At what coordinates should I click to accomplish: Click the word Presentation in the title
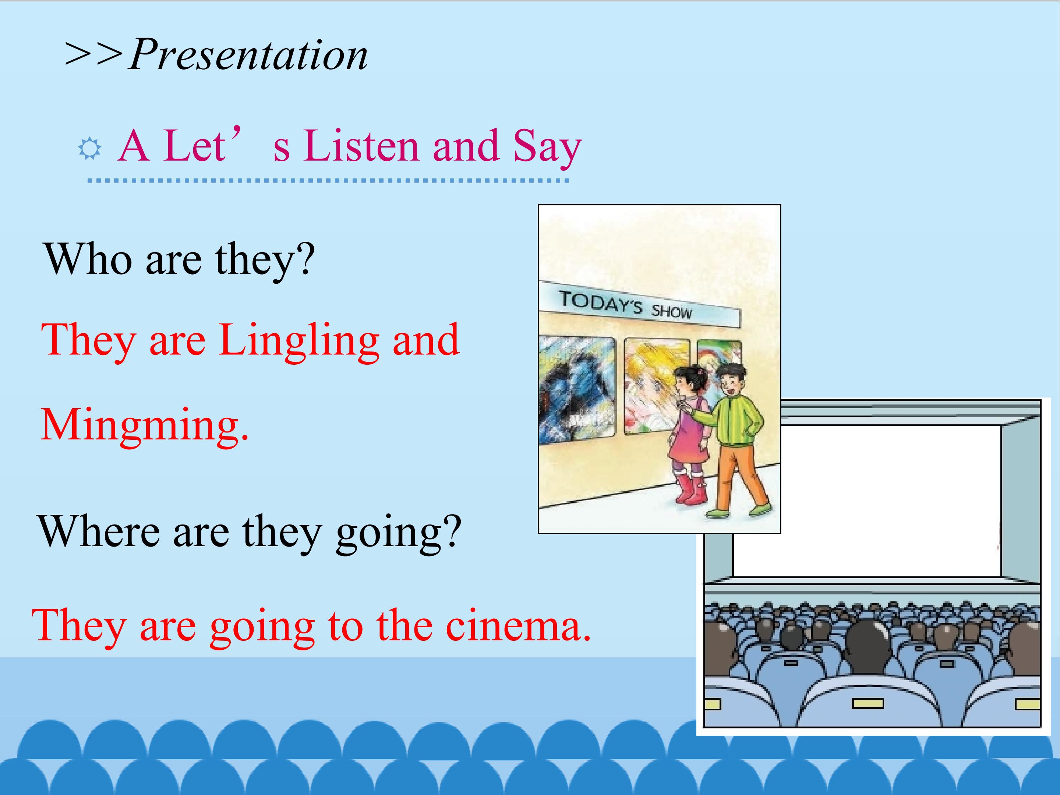click(248, 55)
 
